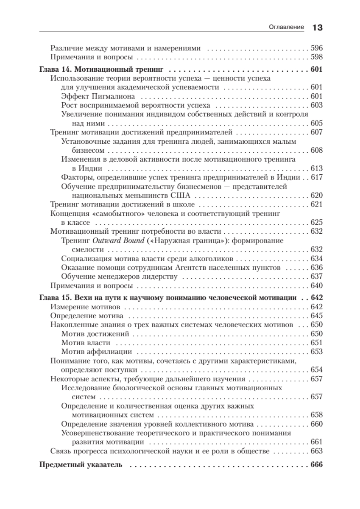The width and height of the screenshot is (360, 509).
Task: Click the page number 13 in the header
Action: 318,28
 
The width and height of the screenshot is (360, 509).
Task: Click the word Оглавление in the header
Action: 287,27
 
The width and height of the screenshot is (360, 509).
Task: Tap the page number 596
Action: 317,48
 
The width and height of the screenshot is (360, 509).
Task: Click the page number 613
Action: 317,168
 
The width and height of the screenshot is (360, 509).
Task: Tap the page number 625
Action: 317,222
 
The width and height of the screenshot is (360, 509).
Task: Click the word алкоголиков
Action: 208,258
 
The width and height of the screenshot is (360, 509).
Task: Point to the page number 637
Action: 317,277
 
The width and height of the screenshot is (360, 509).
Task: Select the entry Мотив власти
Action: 86,342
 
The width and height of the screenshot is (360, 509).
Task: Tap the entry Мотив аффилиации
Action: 97,351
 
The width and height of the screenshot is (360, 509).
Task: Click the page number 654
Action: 317,369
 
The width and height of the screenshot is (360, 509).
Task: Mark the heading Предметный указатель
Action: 81,464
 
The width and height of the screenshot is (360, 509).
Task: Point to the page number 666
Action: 317,464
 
